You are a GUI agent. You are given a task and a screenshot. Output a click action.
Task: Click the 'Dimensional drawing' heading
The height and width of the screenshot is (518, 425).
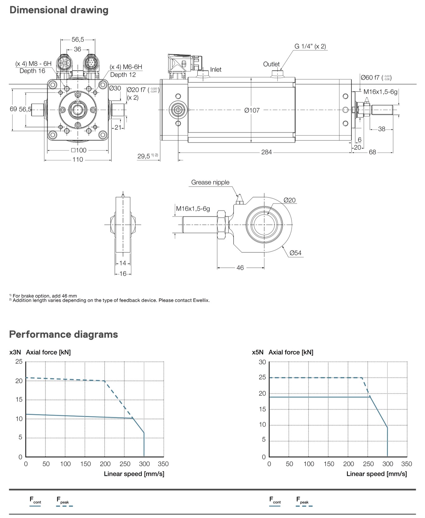point(59,10)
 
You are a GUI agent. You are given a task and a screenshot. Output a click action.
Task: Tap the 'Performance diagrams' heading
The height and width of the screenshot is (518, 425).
point(64,334)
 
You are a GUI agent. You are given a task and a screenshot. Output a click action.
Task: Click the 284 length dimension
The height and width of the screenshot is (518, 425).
point(267,152)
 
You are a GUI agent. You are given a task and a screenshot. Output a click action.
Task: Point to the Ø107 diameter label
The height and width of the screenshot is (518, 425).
point(252,110)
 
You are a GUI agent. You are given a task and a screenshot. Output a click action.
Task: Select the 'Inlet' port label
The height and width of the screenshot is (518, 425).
point(216,69)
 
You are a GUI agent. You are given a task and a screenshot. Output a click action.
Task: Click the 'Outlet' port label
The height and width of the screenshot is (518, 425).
point(271,64)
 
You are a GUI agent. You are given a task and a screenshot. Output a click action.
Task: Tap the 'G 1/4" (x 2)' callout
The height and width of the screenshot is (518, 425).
point(310,46)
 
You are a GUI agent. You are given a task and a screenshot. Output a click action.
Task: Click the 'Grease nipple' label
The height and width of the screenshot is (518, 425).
point(210,182)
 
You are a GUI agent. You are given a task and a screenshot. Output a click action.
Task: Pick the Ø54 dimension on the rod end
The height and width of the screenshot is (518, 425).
point(295,253)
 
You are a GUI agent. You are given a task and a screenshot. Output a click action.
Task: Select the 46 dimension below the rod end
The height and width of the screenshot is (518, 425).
point(240,268)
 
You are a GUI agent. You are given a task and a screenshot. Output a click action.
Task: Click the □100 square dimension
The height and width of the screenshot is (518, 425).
point(78,150)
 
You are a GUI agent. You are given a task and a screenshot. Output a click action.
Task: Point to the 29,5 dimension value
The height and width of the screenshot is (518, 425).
point(144,156)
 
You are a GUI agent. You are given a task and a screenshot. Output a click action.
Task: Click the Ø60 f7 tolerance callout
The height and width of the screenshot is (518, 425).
point(375,78)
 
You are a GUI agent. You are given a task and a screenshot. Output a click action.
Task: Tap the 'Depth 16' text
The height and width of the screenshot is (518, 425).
point(32,71)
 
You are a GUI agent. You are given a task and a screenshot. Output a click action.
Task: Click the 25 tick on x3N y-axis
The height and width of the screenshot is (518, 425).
point(19,361)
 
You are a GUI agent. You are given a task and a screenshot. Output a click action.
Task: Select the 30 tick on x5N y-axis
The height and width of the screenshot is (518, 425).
point(262,362)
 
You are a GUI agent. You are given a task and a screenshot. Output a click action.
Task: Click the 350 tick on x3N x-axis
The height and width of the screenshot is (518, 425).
point(163,464)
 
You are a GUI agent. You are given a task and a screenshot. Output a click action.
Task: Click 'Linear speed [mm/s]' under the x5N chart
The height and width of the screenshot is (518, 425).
point(376,474)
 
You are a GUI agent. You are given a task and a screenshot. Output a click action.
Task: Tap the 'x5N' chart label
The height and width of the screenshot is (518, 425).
point(257,352)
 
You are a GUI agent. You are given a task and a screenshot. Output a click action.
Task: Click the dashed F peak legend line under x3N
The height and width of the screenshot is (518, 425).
point(64,506)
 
